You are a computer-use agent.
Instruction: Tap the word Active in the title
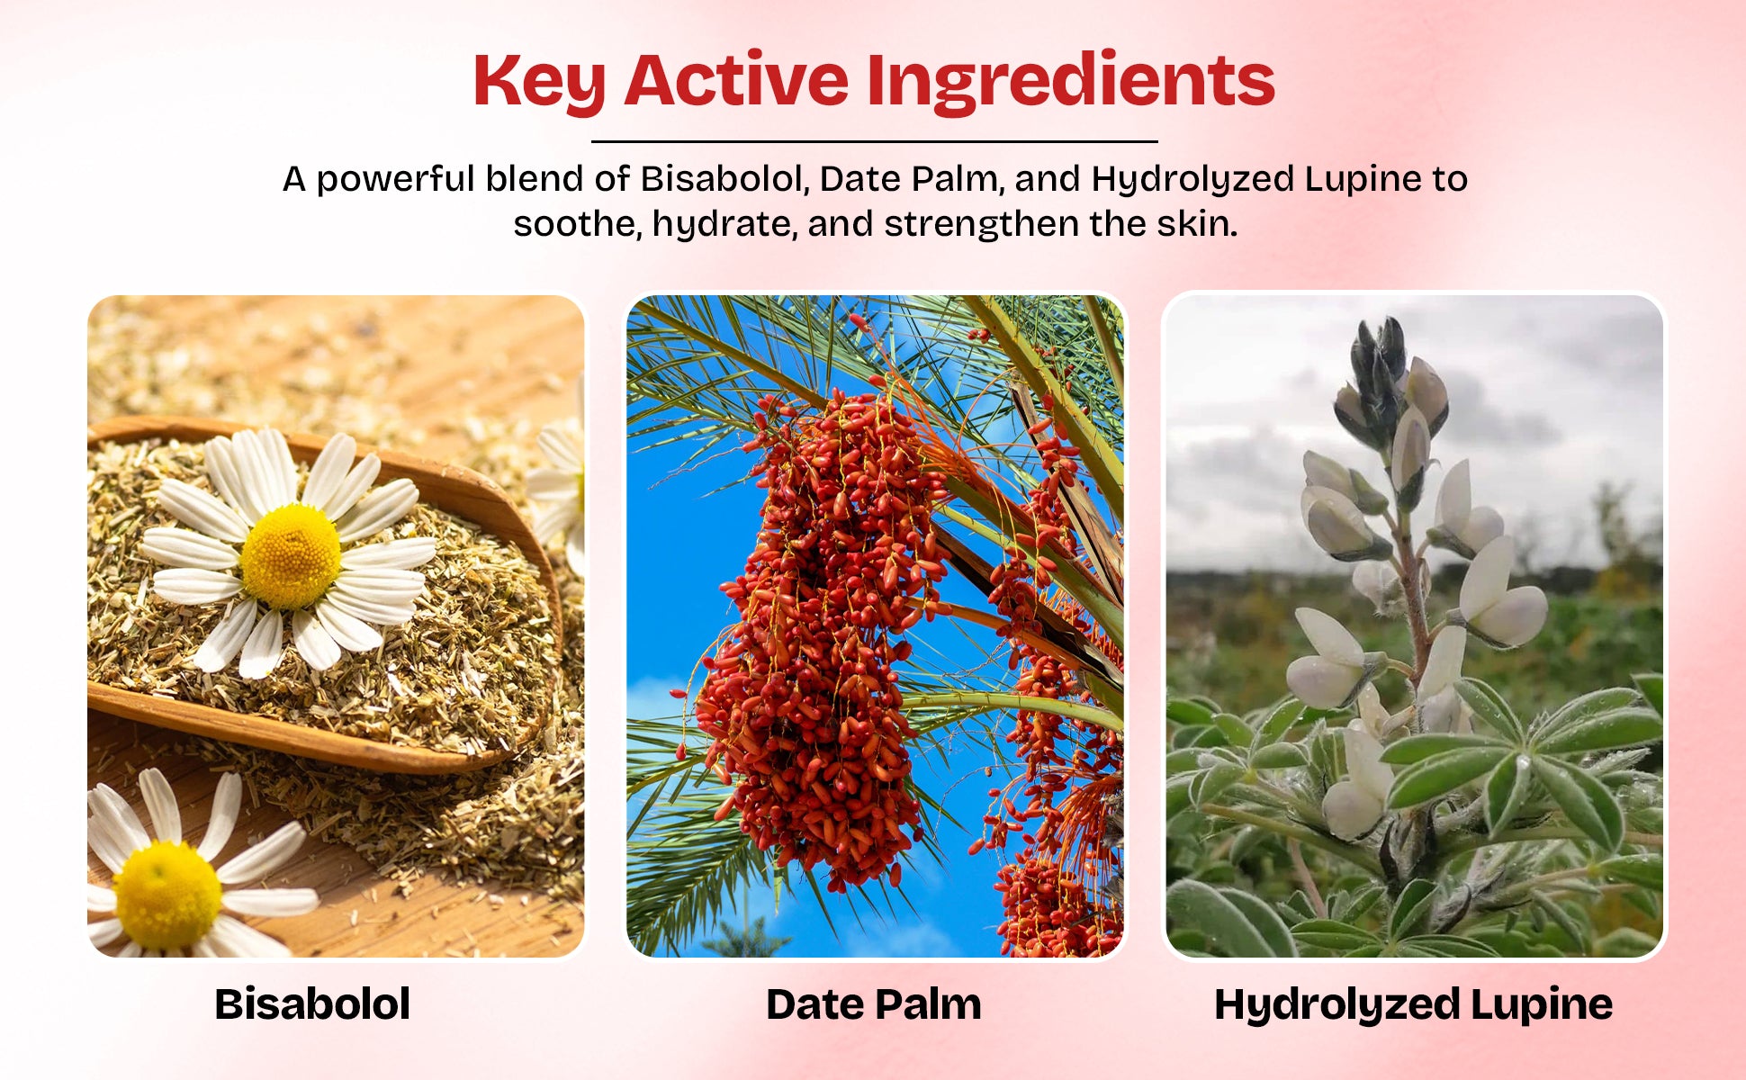point(736,80)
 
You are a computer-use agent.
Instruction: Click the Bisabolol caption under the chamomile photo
point(312,1003)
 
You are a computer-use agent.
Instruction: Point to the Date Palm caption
point(873,1003)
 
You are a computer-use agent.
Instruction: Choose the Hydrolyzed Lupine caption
point(1413,1004)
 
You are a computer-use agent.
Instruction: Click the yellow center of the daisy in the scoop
point(291,556)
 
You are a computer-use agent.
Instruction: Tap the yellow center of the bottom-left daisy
point(167,895)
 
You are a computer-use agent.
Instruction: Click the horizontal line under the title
point(874,141)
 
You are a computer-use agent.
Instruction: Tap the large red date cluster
point(819,630)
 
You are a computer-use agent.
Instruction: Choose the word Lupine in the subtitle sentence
point(1362,179)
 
